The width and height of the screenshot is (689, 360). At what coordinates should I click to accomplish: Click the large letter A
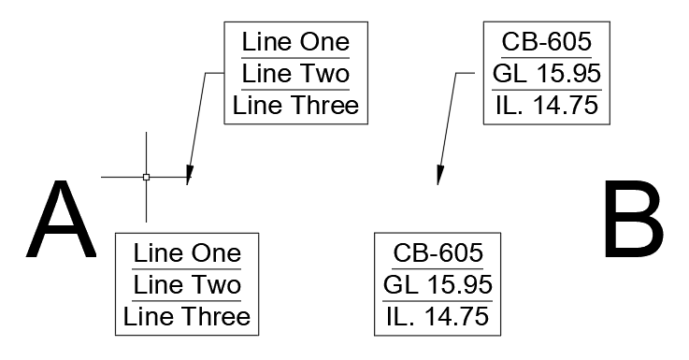tap(61, 222)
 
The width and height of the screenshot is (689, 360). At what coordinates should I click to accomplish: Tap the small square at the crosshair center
tap(146, 177)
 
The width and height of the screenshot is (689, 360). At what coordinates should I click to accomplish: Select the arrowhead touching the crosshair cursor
tap(189, 175)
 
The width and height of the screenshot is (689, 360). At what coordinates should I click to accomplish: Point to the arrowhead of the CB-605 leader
tap(439, 175)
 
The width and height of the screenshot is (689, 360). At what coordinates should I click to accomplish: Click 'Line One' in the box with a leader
tap(295, 42)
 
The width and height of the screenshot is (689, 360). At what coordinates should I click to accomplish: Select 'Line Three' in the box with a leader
tap(295, 105)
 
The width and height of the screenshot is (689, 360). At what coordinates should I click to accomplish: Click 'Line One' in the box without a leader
tap(187, 253)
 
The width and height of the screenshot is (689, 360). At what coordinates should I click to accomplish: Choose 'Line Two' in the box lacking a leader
tap(187, 284)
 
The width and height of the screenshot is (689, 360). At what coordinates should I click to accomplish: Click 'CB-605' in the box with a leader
tap(546, 42)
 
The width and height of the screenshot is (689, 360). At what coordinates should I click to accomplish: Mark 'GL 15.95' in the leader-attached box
tap(546, 73)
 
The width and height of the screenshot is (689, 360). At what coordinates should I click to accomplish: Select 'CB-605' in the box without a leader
tap(438, 253)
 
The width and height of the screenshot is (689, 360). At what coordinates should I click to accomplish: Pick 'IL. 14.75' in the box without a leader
tap(438, 316)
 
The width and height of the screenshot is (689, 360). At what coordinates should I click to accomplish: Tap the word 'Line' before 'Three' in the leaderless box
tap(145, 316)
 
